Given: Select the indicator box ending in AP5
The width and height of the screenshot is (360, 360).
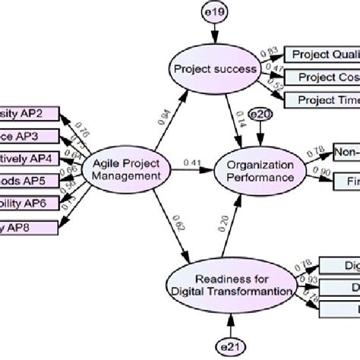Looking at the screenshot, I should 29,182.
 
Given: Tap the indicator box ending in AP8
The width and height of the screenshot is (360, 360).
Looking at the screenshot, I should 29,227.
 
